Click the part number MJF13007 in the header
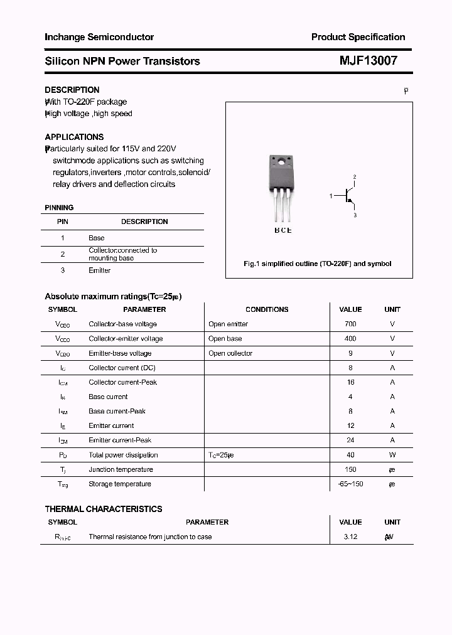click(x=368, y=61)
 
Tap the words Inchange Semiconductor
click(x=99, y=37)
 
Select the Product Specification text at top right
click(x=358, y=37)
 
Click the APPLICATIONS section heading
click(x=74, y=137)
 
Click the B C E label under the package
click(x=282, y=230)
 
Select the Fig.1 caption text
click(x=317, y=264)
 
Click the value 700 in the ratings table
click(x=350, y=324)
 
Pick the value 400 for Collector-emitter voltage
click(x=350, y=338)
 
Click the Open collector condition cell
click(x=230, y=353)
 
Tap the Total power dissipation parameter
click(x=123, y=455)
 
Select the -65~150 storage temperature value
click(x=350, y=484)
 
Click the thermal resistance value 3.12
click(x=350, y=536)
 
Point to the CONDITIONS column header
click(x=267, y=309)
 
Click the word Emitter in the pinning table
click(x=99, y=270)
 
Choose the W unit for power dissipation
click(x=392, y=455)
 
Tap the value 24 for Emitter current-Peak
click(x=350, y=440)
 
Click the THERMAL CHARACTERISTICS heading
click(x=103, y=509)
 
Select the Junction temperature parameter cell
click(x=121, y=469)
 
